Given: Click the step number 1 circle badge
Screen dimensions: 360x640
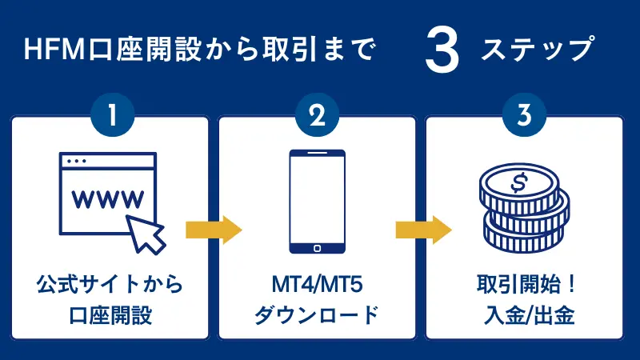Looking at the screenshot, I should coord(112,117).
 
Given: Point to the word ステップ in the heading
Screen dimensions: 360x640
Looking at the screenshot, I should coord(538,51).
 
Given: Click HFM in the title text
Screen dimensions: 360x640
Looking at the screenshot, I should coord(50,51).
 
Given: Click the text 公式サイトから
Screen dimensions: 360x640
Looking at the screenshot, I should coord(110,284).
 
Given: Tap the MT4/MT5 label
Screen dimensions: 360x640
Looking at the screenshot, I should coord(318,284).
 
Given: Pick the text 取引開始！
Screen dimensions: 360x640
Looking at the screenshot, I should coord(525,284).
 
